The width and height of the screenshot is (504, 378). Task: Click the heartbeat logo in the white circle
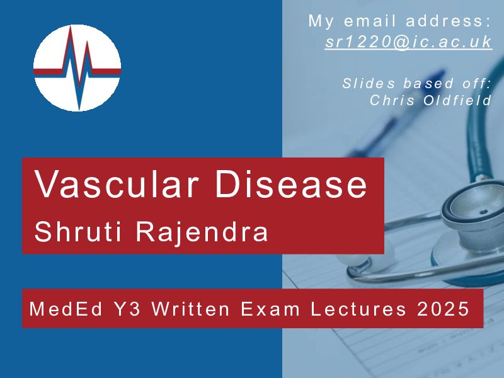point(77,68)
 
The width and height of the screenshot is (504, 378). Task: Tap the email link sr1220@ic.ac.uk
point(408,42)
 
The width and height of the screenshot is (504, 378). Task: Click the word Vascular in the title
point(117,184)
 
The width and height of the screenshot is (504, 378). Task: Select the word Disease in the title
point(291,184)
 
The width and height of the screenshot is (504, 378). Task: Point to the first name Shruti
point(78,231)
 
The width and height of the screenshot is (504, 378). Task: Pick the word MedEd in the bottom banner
point(66,309)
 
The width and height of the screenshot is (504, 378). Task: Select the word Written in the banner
point(190,309)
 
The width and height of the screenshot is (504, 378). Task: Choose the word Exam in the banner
point(270,309)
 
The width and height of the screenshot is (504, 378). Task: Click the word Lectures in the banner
point(358,309)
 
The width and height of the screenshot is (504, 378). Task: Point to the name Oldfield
point(457,100)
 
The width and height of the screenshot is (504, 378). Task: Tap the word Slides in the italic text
point(369,83)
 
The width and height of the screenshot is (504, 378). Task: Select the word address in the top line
point(449,21)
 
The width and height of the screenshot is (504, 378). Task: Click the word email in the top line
point(370,21)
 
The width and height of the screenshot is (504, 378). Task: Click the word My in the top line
point(321,21)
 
